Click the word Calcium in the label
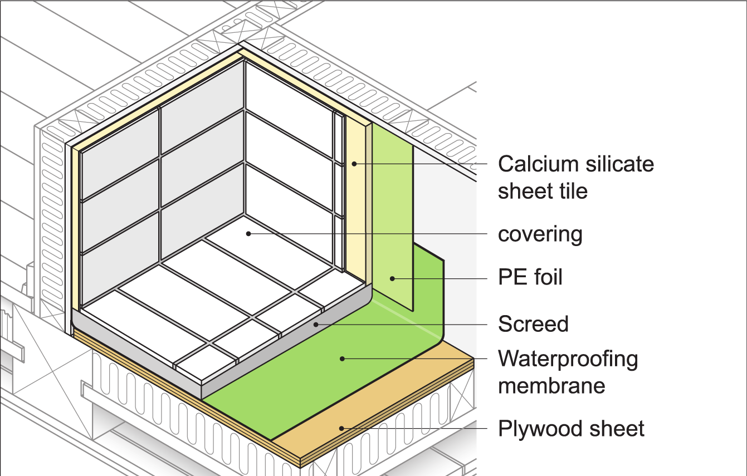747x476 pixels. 533,164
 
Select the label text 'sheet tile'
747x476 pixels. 543,191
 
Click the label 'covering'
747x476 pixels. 540,234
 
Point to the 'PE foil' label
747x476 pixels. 530,277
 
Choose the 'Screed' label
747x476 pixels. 533,324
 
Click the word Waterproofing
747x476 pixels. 568,359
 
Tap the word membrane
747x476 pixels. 551,386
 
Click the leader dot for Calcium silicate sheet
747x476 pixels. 354,164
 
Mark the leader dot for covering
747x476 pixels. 249,233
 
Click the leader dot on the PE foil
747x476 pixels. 392,278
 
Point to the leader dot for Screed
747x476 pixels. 316,323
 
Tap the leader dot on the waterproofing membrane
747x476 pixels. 342,359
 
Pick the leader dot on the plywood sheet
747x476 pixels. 342,428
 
